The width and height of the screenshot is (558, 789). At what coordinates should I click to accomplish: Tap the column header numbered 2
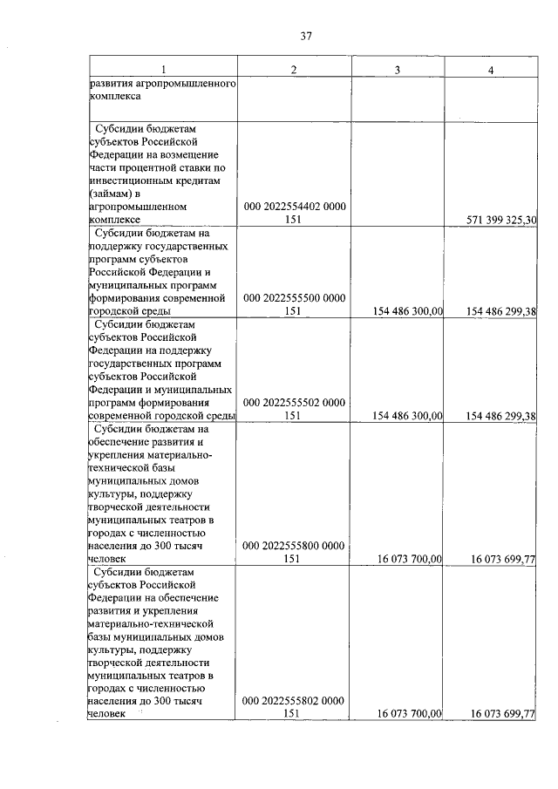pos(294,70)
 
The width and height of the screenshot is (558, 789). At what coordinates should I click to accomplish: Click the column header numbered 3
pos(398,70)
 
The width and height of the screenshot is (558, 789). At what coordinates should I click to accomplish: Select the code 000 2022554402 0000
pos(294,207)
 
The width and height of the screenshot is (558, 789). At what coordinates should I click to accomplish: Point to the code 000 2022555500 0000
pos(294,297)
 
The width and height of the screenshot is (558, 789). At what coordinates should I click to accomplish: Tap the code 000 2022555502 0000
pos(294,403)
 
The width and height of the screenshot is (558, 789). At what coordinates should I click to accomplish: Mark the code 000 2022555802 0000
pos(294,700)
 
